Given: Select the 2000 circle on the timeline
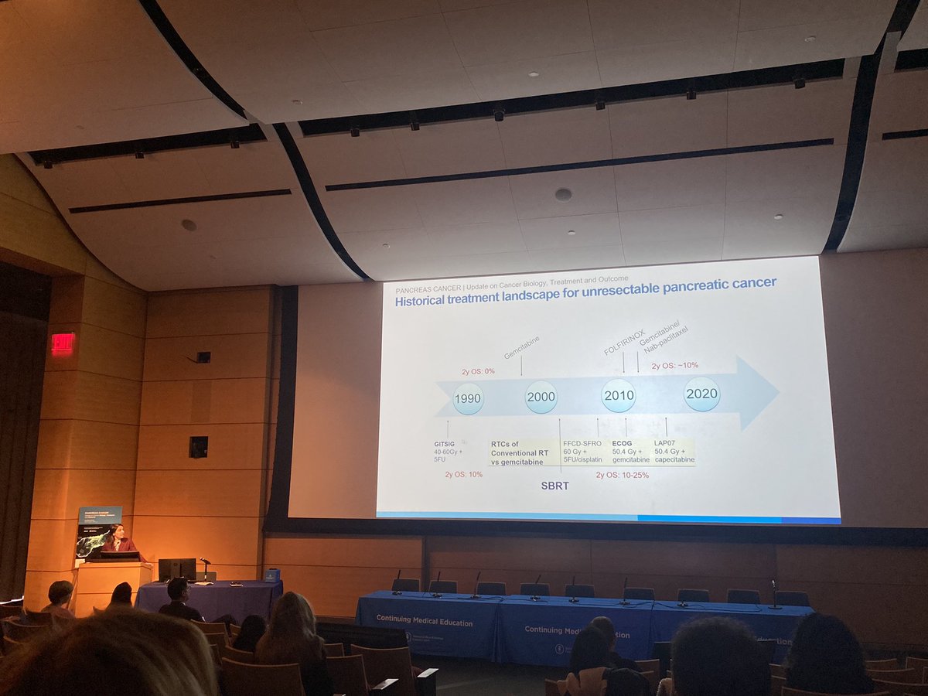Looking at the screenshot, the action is coord(541,397).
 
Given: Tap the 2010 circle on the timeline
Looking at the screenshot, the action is coord(619,395).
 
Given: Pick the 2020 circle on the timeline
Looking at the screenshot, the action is coord(701,394).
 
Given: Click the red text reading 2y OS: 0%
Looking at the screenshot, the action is coord(478,371).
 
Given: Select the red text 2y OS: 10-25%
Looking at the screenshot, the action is coord(622,475).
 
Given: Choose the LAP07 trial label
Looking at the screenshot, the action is coord(665,443).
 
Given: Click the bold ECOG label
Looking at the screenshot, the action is coord(623,444).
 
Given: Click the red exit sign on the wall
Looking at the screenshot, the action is coord(63,343).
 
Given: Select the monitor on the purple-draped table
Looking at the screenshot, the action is coord(177,569).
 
